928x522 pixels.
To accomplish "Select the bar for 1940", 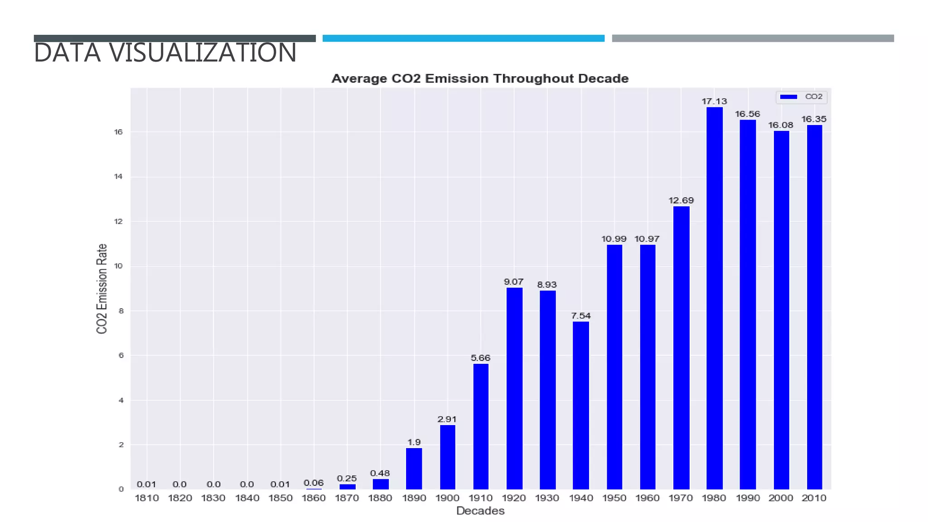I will pos(580,405).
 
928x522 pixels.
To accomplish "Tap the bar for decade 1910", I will pos(480,426).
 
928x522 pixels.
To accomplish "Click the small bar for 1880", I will pos(380,483).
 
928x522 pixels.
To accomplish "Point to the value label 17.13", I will pos(714,101).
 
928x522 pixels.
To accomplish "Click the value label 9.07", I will pos(513,282).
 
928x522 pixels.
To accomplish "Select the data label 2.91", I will pos(447,419).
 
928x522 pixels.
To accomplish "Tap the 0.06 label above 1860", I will pos(314,483).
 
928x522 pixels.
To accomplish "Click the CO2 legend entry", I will pos(802,97).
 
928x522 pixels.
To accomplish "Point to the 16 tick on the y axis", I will pos(118,132).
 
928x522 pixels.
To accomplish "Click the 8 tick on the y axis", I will pos(121,311).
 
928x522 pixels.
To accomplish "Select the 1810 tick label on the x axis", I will pos(147,498).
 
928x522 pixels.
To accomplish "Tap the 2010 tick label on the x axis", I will pos(814,498).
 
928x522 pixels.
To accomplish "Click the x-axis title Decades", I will pos(480,511).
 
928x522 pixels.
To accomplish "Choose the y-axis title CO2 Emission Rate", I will pos(102,289).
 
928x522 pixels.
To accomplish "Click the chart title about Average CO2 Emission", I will pos(480,79).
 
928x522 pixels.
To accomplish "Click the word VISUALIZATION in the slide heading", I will pos(202,53).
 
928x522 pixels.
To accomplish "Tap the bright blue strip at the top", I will pos(463,39).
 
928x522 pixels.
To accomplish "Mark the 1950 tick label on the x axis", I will pos(614,498).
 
